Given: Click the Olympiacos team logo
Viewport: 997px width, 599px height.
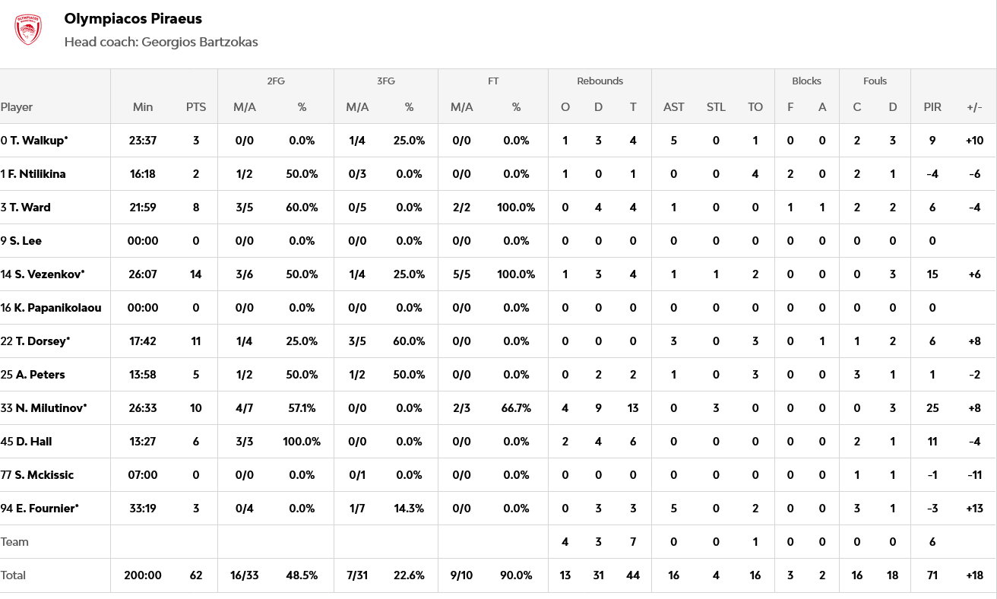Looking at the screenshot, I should click(28, 30).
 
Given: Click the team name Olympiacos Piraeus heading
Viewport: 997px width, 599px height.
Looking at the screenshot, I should click(133, 18).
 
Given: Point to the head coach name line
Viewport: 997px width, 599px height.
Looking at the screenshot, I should click(161, 42).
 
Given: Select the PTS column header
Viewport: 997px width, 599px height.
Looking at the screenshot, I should click(196, 107).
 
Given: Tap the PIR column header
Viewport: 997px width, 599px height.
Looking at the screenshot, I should click(932, 107).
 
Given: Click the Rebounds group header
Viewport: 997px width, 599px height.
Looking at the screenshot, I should click(600, 81).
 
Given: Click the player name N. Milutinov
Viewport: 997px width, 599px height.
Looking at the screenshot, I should click(51, 408).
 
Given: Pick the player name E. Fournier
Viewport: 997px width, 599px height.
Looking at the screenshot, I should click(47, 509).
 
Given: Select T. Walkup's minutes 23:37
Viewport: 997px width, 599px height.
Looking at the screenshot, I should click(143, 141).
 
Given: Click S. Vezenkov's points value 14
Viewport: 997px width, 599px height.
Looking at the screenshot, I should click(196, 274).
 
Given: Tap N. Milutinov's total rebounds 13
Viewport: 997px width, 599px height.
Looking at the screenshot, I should click(633, 408).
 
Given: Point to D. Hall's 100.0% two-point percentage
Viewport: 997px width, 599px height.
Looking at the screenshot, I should click(302, 442).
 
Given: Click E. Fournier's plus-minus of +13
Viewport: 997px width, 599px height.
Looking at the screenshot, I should click(974, 509).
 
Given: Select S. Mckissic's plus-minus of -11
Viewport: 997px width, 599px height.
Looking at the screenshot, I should click(974, 475).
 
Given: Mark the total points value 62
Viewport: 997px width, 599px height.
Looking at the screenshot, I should click(196, 575).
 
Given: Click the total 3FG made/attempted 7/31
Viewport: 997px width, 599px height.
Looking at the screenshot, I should click(357, 575).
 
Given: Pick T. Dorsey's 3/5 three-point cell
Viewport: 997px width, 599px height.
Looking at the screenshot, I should click(357, 341).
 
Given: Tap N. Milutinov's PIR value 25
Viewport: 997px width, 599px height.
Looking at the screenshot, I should click(932, 408).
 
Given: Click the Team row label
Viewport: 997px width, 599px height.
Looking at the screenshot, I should click(15, 542).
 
